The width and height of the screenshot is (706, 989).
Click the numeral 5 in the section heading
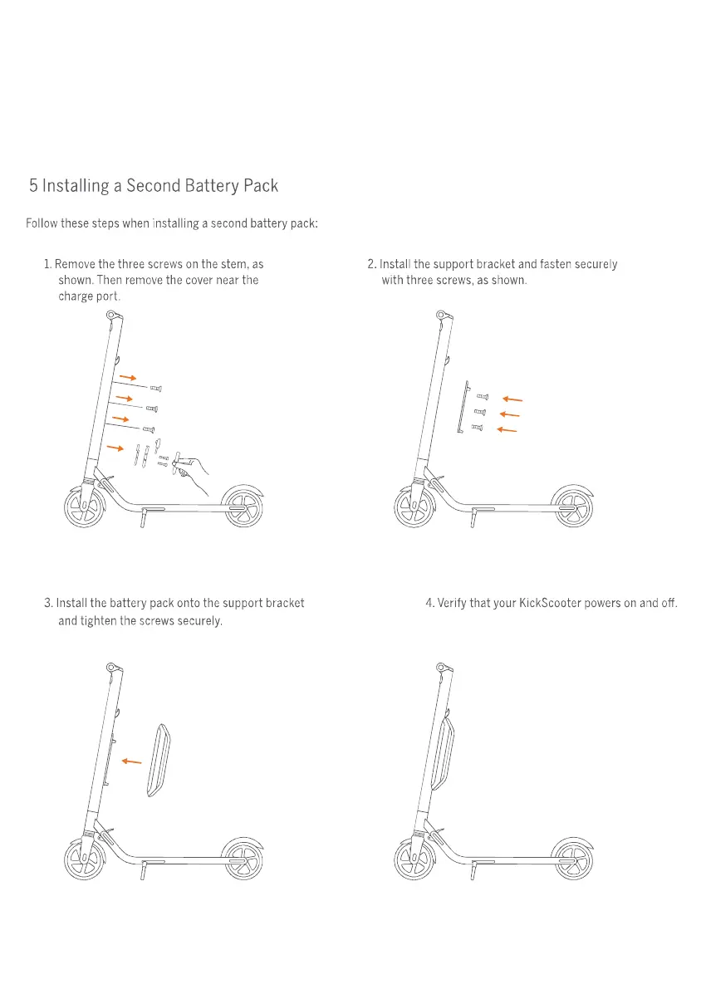(x=33, y=186)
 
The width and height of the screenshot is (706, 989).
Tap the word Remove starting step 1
(x=76, y=264)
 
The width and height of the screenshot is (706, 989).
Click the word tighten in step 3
(x=98, y=620)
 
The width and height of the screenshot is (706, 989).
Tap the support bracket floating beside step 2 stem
(x=462, y=408)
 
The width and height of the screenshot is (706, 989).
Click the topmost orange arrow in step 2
(x=512, y=399)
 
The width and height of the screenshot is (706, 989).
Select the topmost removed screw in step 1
(x=155, y=389)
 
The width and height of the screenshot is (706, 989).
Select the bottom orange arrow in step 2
(x=507, y=429)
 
